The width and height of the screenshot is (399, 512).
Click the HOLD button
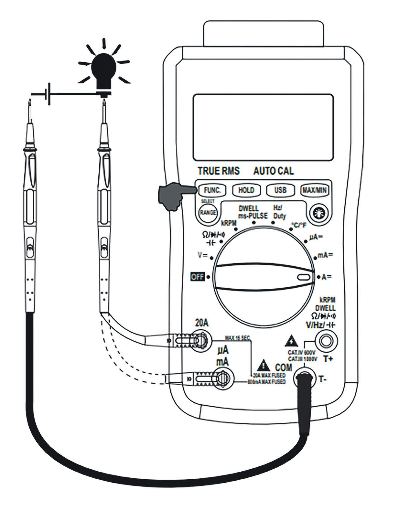[246, 190]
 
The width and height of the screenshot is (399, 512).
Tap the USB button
[280, 190]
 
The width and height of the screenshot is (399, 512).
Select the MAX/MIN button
[314, 190]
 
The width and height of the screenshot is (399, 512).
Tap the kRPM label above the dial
[229, 223]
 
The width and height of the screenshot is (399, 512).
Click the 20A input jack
[201, 340]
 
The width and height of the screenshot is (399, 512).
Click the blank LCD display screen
[263, 127]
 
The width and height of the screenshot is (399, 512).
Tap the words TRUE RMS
[218, 171]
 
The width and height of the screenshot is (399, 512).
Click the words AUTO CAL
[273, 171]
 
